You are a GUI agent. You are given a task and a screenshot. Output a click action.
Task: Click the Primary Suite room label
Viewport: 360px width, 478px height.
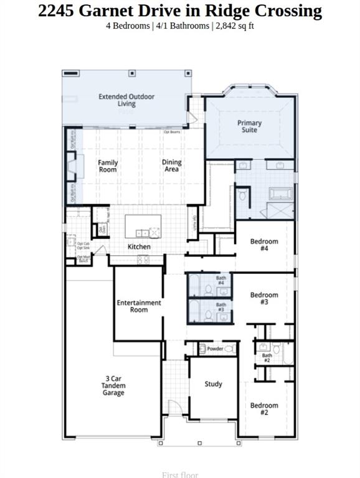(249, 126)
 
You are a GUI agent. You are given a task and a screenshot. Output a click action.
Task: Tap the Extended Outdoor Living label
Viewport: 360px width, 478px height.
(126, 100)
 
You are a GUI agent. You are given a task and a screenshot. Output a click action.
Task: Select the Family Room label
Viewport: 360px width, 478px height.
(108, 166)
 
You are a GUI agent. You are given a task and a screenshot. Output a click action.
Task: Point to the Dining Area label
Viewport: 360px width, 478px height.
(172, 166)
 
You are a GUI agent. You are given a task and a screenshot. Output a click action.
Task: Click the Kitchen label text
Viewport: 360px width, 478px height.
(139, 247)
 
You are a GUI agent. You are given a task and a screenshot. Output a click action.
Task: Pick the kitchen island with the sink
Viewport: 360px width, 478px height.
(143, 227)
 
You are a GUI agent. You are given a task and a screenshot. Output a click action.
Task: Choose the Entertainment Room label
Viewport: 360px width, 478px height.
(139, 306)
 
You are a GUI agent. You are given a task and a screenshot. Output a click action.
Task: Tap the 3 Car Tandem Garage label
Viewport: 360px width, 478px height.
(113, 385)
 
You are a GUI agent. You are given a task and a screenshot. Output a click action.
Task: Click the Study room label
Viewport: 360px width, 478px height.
(214, 384)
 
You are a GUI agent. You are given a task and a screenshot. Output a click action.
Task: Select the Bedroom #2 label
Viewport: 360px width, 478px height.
(264, 409)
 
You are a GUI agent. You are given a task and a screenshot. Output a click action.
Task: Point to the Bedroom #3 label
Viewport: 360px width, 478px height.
(264, 298)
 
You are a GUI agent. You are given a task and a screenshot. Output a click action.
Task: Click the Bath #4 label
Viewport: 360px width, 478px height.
(221, 281)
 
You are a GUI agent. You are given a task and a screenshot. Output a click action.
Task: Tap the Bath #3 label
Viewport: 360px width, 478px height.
(221, 307)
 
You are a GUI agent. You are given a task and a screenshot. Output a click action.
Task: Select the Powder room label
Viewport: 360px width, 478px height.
(215, 349)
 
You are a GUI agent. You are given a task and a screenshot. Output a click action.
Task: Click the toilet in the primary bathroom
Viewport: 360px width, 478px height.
(243, 195)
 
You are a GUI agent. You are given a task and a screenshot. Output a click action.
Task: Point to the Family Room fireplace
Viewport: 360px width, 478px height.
(72, 166)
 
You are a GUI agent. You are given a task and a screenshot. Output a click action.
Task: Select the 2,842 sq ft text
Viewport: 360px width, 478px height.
(234, 26)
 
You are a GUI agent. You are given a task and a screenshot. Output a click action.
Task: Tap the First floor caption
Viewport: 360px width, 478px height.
(180, 475)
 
